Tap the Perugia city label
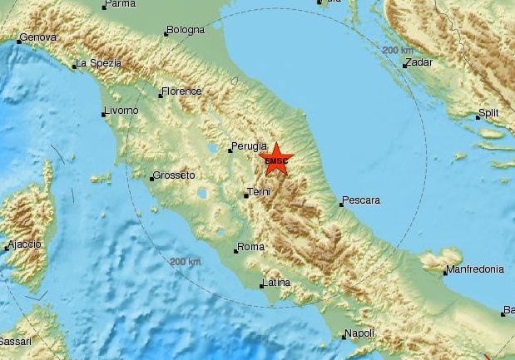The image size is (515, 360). (x=250, y=145)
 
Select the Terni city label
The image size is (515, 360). (x=259, y=193)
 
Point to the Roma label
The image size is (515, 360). (x=250, y=247)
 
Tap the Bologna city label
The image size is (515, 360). (x=185, y=30)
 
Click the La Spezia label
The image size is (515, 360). (x=99, y=63)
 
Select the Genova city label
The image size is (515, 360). (x=37, y=37)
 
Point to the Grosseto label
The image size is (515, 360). (x=174, y=175)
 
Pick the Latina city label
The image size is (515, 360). (x=275, y=283)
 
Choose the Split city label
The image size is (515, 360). (x=488, y=113)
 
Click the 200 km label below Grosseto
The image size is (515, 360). (x=185, y=262)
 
